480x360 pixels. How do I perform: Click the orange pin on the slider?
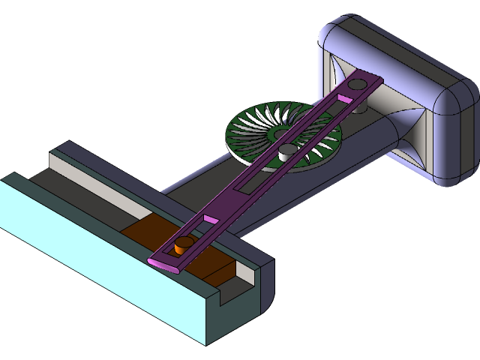tap(182, 244)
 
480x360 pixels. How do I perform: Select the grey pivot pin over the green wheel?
tap(286, 152)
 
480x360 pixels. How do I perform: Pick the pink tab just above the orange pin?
tap(209, 218)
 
